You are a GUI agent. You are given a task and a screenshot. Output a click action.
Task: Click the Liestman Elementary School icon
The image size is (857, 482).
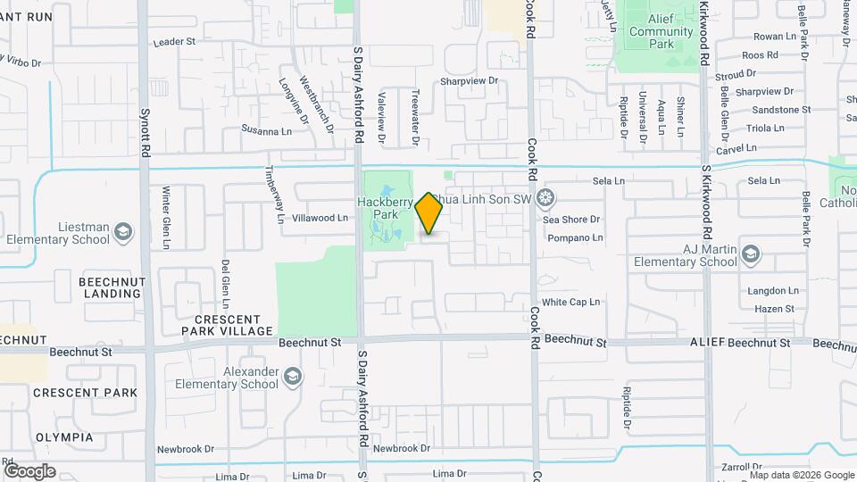click(x=122, y=233)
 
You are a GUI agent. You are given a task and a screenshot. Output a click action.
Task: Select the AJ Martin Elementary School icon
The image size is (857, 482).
click(x=751, y=255)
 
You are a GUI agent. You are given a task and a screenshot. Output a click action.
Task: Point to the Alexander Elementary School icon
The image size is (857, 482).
click(x=293, y=378)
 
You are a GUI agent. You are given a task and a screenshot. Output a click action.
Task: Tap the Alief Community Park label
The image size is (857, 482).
click(x=661, y=37)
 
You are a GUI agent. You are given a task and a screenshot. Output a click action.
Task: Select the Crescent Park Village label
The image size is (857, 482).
click(x=227, y=325)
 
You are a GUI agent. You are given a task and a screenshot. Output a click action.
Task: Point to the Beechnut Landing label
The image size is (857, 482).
click(x=112, y=287)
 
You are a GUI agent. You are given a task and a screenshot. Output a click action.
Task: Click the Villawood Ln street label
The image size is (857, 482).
click(x=320, y=218)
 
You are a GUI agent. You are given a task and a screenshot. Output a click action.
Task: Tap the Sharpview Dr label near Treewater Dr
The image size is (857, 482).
click(x=468, y=81)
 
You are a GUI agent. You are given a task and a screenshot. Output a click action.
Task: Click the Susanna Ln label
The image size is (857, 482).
click(x=267, y=129)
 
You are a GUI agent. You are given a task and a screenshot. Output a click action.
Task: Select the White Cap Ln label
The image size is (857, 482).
click(x=570, y=303)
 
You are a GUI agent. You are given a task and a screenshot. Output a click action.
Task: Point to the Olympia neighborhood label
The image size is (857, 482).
click(x=64, y=437)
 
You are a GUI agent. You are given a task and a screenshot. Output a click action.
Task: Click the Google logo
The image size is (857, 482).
click(x=29, y=470)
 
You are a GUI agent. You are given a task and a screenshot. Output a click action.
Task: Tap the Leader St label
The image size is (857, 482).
click(x=174, y=42)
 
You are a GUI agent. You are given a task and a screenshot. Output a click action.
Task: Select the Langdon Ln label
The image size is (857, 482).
click(x=774, y=291)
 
